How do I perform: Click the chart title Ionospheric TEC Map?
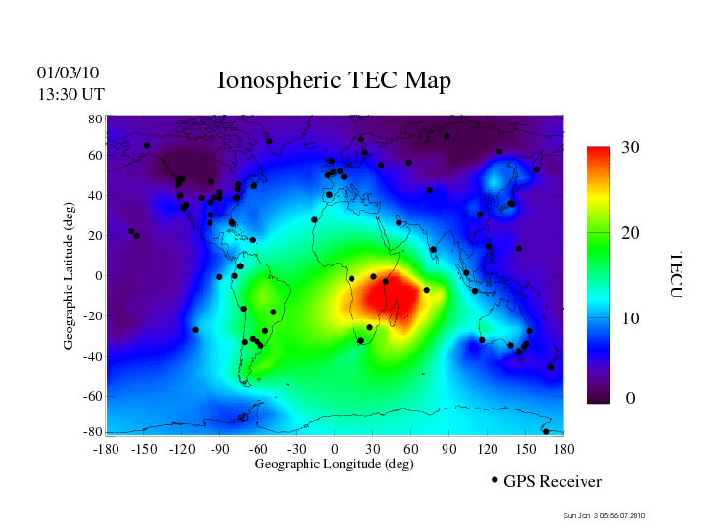coord(334,81)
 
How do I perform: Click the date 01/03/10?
coord(68,72)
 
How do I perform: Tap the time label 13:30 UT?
coord(70,94)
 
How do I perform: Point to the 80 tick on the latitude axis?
coord(96,119)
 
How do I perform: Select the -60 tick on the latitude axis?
coord(93,396)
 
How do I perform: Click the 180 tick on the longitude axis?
coord(564,448)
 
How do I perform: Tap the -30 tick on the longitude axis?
coord(296,448)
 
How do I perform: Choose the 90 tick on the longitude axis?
coord(449,448)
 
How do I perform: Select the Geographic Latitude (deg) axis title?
coord(70,283)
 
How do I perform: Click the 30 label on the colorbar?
coord(631,148)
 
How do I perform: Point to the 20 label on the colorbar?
coord(631,235)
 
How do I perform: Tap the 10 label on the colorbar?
coord(631,319)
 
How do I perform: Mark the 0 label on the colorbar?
coord(631,399)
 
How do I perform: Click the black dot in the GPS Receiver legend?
coord(494,479)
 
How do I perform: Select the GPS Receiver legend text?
coord(553,481)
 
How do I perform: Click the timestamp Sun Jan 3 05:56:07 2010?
coord(604,515)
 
